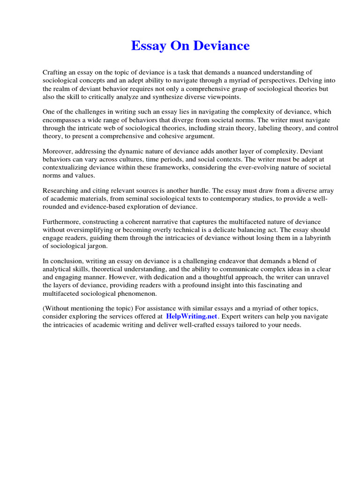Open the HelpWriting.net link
point(192,316)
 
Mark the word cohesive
point(171,136)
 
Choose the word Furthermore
point(62,222)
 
